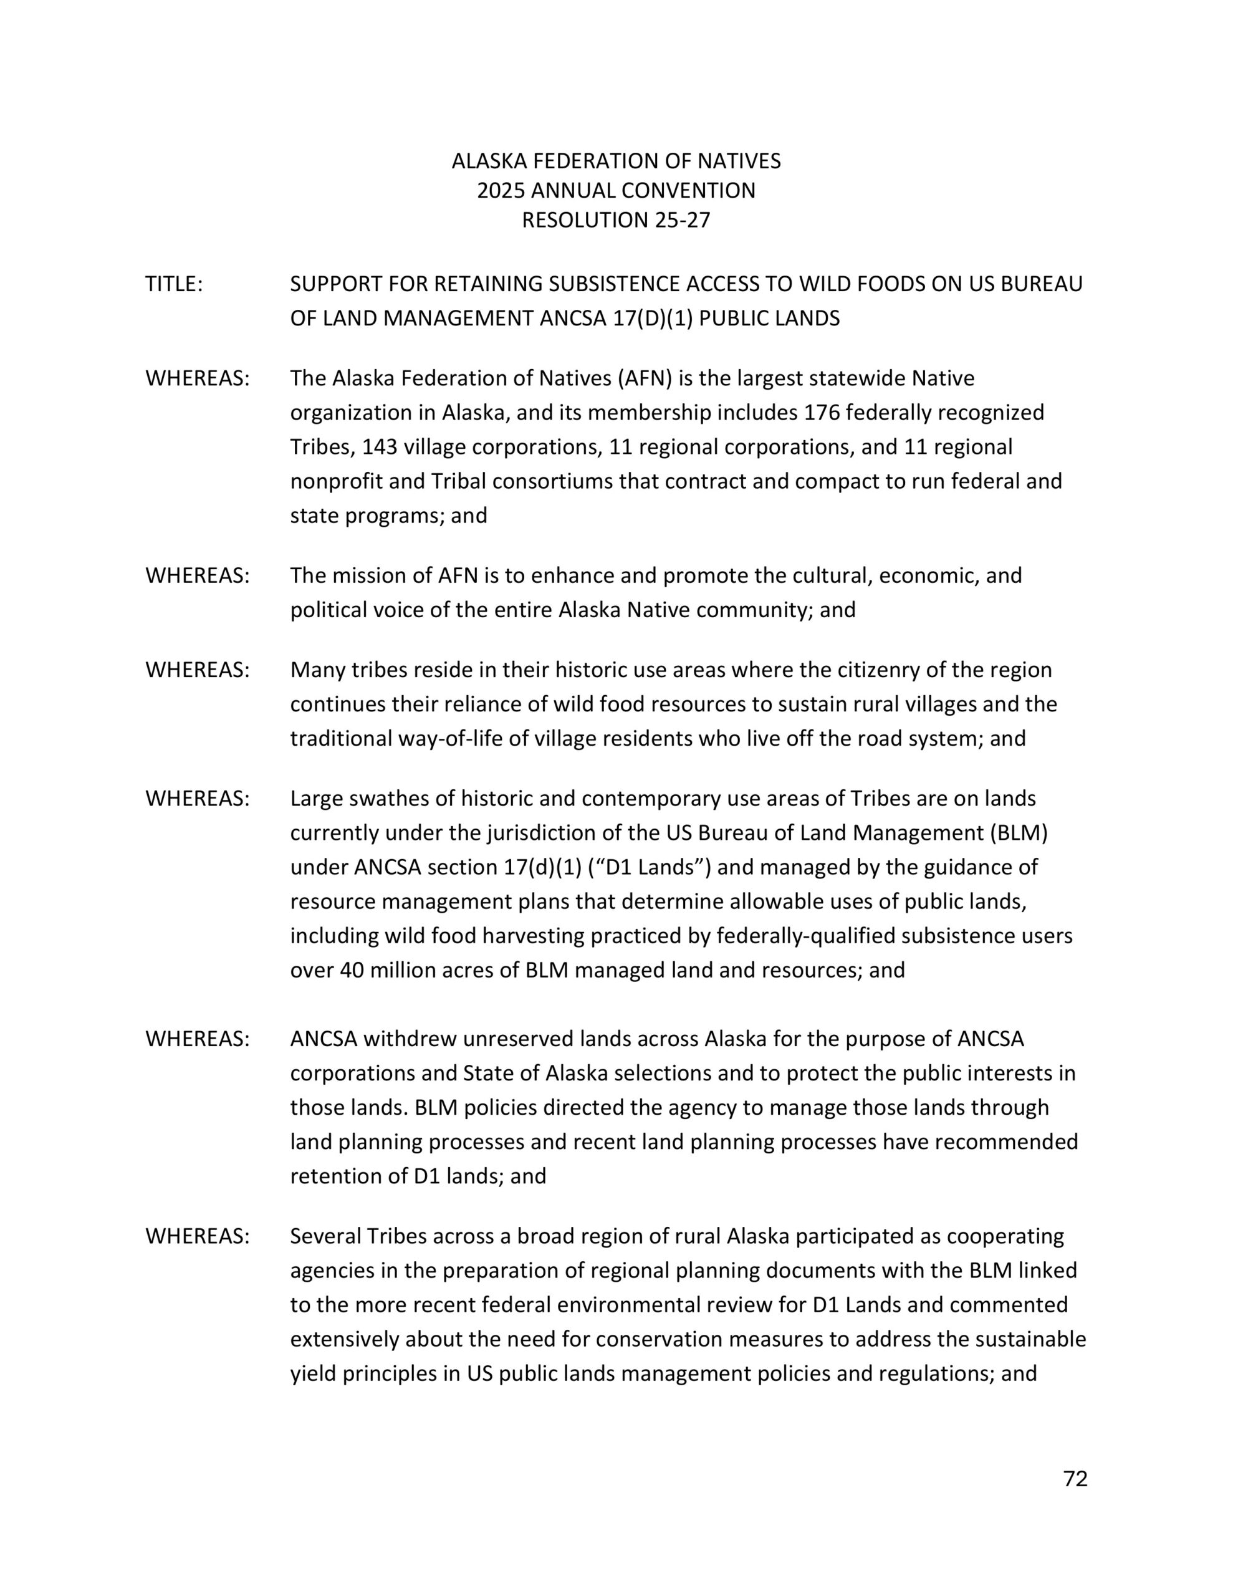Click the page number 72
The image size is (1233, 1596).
[x=1075, y=1478]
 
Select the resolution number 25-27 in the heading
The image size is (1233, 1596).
[x=683, y=220]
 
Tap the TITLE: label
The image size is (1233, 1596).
[x=174, y=284]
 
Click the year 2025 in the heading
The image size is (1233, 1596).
[x=501, y=191]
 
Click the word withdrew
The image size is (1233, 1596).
[x=408, y=1039]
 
